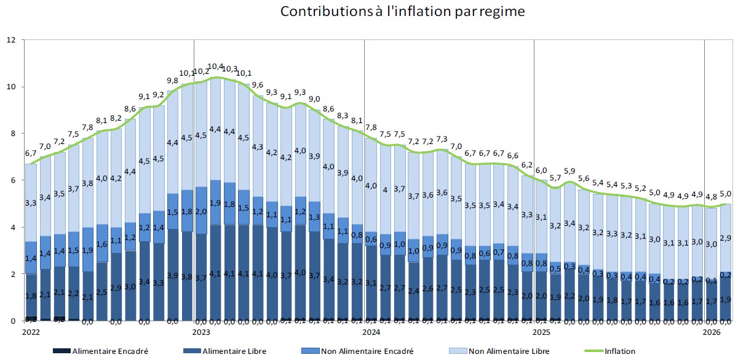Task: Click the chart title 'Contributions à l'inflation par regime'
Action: [402, 12]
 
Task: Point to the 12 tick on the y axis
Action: [10, 40]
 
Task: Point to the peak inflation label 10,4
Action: [216, 67]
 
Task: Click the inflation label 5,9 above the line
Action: [569, 172]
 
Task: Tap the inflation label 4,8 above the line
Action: [711, 198]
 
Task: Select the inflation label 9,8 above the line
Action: [173, 81]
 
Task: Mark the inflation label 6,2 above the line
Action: [527, 166]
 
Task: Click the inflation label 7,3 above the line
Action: [442, 140]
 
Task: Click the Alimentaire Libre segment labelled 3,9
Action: [173, 275]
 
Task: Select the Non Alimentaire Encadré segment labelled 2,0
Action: [201, 212]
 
